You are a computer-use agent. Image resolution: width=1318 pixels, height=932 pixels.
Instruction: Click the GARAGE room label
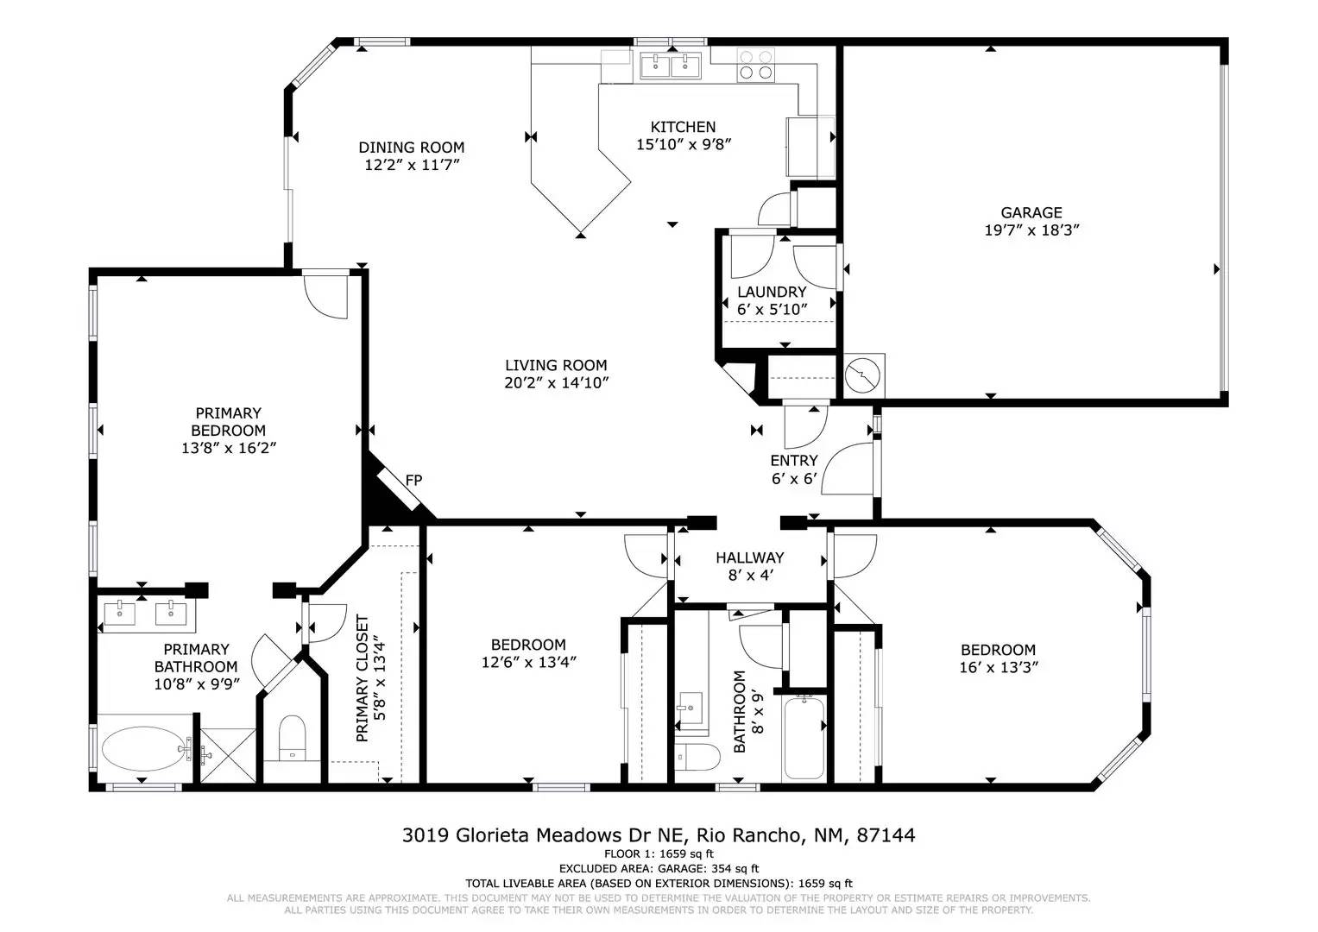click(1031, 212)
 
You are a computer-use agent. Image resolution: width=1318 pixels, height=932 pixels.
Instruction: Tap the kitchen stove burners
click(756, 66)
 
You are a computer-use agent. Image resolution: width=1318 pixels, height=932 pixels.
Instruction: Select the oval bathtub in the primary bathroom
click(145, 748)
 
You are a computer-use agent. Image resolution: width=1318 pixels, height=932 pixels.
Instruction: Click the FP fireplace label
click(413, 480)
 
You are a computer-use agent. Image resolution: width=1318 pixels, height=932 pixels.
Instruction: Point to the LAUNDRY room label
click(772, 292)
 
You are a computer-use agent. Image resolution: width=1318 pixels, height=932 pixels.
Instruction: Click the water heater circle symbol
click(862, 375)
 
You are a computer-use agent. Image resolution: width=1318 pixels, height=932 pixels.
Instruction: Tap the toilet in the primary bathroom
click(292, 737)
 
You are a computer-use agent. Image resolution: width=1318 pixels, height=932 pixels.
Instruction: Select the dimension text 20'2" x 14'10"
click(556, 383)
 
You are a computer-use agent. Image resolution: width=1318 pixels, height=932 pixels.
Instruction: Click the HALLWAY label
click(749, 557)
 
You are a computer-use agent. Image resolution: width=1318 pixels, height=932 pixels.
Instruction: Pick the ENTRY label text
click(794, 460)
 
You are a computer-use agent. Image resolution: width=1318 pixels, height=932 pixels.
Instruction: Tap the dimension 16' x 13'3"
click(999, 667)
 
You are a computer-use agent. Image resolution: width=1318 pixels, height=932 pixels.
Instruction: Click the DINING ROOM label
click(412, 147)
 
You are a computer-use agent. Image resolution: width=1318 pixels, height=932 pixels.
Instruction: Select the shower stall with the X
click(228, 755)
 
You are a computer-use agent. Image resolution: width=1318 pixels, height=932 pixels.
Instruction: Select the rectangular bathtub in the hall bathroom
click(804, 738)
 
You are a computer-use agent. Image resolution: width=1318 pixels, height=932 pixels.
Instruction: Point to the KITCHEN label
click(683, 127)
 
